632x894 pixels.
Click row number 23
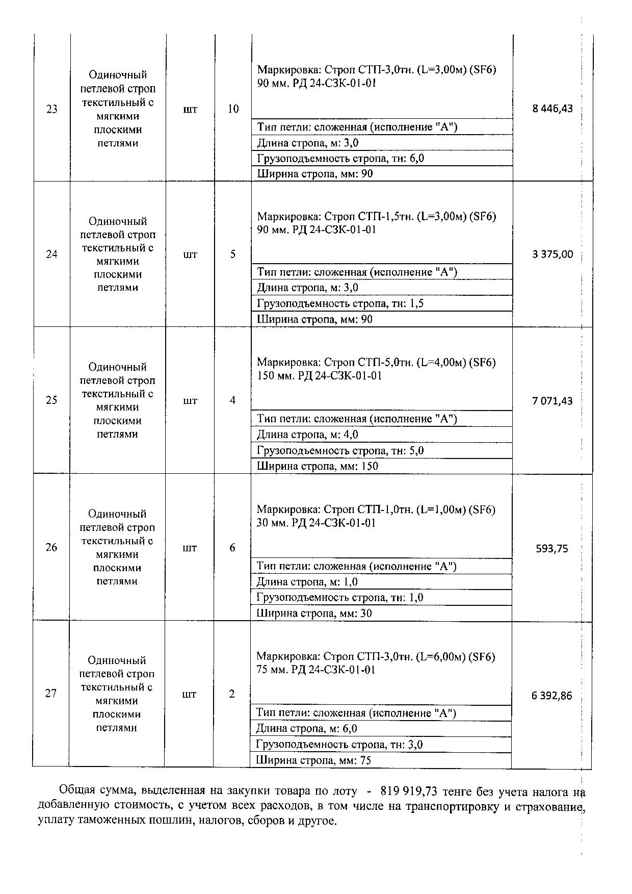point(52,109)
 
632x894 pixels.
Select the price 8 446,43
point(552,109)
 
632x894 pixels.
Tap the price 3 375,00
point(552,254)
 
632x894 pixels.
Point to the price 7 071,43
point(552,401)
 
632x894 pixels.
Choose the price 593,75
point(552,549)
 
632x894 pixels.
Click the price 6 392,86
point(552,696)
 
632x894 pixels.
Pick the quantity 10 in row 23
point(233,109)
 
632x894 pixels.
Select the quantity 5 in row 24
point(233,254)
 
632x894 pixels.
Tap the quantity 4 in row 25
point(232,400)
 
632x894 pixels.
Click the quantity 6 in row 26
point(232,548)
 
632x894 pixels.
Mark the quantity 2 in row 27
point(232,694)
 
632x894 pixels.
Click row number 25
point(51,400)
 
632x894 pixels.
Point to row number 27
point(51,694)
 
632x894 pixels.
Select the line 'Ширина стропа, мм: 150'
point(317,466)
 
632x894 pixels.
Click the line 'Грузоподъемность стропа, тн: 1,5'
point(340,304)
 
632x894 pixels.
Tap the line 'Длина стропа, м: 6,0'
point(306,729)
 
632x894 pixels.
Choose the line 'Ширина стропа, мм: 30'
point(314,614)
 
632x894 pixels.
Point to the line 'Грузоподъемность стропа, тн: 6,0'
point(340,159)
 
